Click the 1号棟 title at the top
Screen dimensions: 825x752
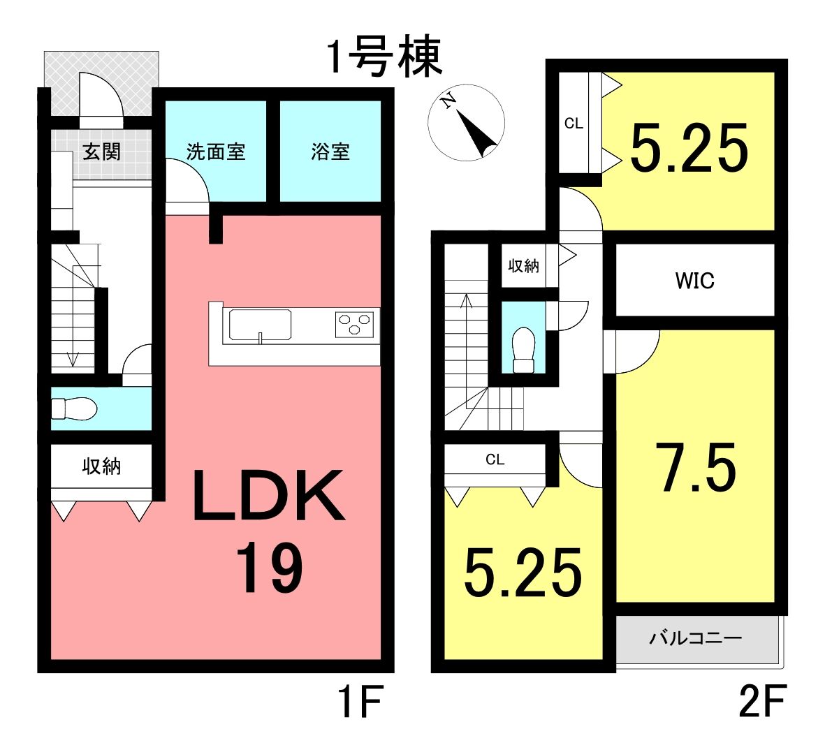point(385,57)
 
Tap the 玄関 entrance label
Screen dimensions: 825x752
point(101,152)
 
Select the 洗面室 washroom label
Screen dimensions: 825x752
point(216,152)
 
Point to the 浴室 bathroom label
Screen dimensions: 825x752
point(330,152)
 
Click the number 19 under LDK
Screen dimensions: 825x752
point(269,568)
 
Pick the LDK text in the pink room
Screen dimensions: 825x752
point(268,495)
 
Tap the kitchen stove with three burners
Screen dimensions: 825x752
point(355,324)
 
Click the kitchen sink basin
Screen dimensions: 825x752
point(260,325)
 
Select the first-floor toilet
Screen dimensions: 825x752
point(73,408)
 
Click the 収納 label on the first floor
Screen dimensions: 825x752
point(101,466)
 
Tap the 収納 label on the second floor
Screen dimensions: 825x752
point(523,265)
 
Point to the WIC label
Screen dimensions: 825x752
point(694,280)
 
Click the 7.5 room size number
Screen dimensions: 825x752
point(698,467)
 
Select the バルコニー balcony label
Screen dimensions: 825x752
point(696,638)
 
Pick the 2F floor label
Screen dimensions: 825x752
point(762,701)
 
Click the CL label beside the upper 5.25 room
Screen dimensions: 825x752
point(574,123)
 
